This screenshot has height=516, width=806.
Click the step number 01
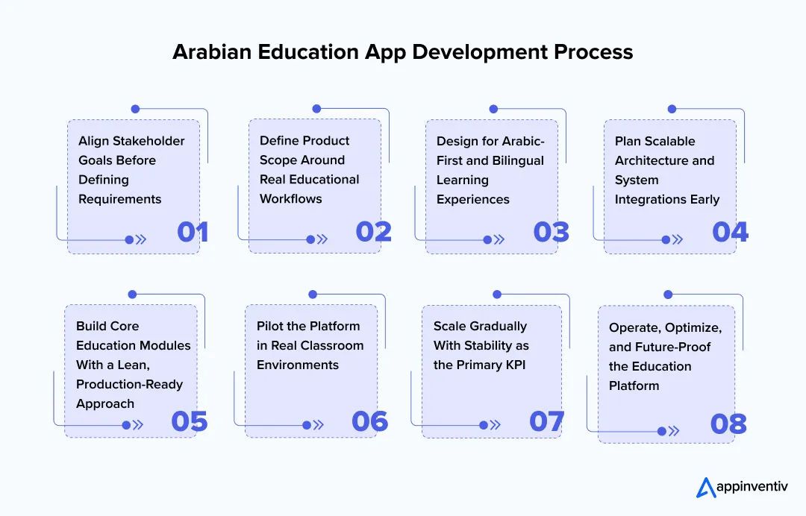(193, 232)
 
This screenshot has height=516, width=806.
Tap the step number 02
(374, 232)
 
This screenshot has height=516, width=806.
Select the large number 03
(552, 232)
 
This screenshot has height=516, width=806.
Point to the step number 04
(730, 232)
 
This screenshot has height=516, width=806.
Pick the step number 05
(189, 421)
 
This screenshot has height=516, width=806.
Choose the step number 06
(370, 421)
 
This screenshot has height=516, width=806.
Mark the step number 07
(547, 421)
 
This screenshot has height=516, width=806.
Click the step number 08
(728, 424)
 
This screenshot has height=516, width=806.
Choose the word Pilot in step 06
(271, 326)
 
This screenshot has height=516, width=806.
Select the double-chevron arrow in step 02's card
(322, 239)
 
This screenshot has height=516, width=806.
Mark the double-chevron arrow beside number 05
(137, 425)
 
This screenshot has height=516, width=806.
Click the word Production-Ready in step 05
(129, 384)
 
